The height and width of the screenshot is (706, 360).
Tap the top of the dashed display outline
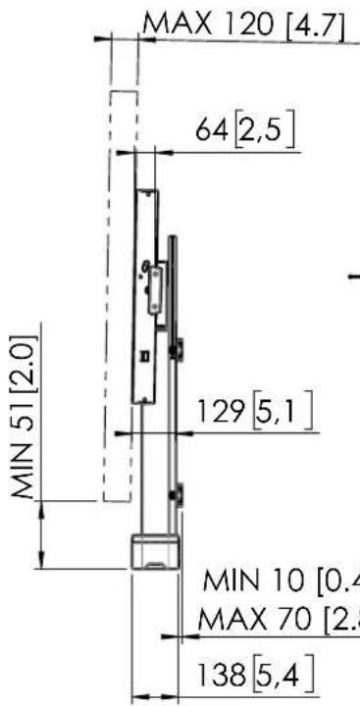click(124, 92)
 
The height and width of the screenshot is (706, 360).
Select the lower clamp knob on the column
click(179, 497)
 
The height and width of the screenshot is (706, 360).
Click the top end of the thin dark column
click(173, 237)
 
